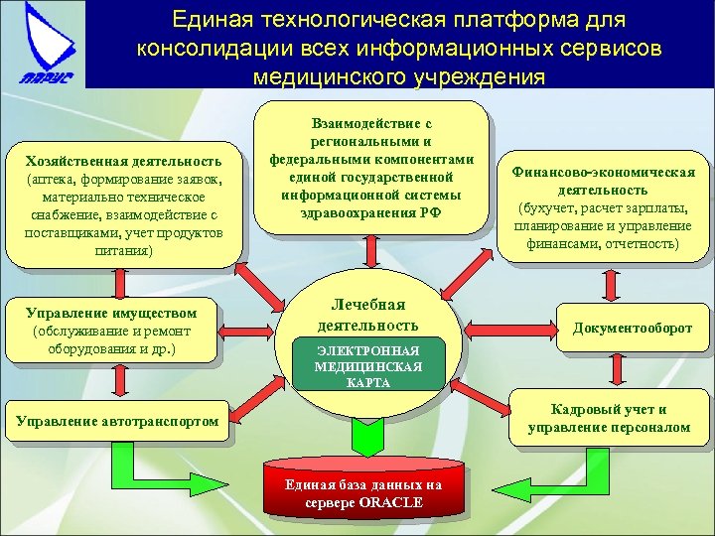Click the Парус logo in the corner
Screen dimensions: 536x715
point(43,45)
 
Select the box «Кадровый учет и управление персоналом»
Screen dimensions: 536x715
point(610,418)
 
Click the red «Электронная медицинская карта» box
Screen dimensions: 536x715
point(368,366)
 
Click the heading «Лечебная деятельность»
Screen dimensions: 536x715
point(367,315)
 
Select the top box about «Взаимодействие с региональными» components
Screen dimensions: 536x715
point(372,169)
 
